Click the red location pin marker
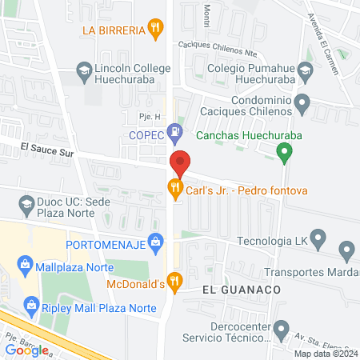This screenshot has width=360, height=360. (180, 162)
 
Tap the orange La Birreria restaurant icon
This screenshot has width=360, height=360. (156, 31)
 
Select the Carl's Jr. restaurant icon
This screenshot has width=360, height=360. (174, 190)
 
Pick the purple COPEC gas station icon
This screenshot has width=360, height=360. (174, 132)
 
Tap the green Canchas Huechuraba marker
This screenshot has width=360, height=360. (283, 151)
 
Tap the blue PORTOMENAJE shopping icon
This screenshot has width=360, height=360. (157, 238)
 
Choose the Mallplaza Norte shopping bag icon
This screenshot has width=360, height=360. (26, 263)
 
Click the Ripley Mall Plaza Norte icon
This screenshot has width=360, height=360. (32, 304)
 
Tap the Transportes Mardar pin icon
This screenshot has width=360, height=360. (346, 252)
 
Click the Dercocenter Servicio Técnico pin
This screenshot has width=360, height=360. (281, 328)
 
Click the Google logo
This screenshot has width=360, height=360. (26, 349)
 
